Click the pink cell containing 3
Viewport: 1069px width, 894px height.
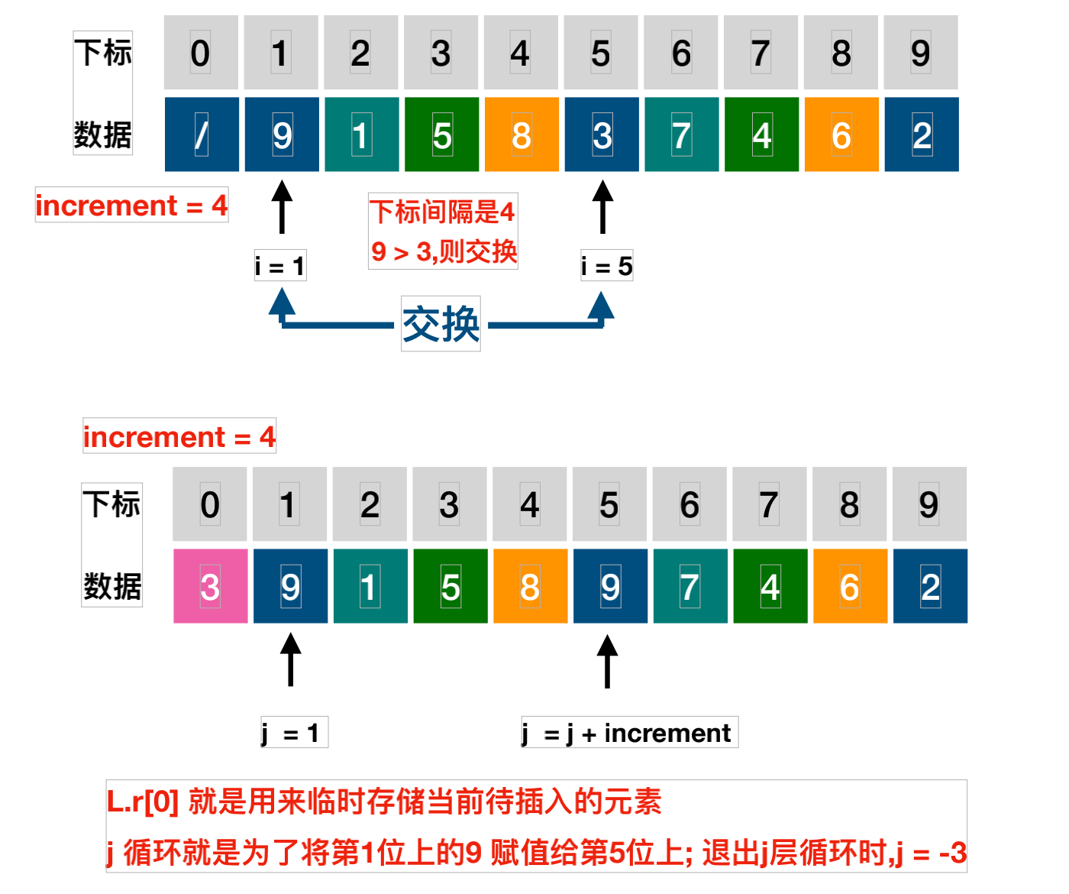[x=210, y=586]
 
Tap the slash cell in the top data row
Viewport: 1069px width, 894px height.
[x=202, y=134]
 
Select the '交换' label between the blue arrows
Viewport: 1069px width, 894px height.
[x=441, y=324]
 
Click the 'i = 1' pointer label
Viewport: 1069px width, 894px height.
[x=280, y=266]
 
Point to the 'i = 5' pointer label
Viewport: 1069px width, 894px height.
[x=606, y=266]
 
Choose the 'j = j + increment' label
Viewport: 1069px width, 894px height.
[x=629, y=733]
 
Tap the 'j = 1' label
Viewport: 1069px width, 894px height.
[x=293, y=733]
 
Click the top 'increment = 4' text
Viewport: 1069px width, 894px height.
[x=131, y=206]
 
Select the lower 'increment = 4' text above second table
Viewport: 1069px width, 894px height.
[x=179, y=436]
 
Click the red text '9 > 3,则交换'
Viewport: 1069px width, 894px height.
[x=444, y=251]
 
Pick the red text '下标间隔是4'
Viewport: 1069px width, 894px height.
[x=442, y=212]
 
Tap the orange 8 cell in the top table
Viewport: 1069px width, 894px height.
[x=522, y=134]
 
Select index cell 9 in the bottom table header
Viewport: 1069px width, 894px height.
[x=929, y=504]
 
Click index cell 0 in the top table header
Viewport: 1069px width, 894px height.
[x=201, y=53]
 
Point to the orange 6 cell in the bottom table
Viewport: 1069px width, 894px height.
[x=850, y=586]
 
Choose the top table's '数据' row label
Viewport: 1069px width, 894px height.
[x=103, y=134]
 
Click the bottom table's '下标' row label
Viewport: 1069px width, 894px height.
[x=111, y=504]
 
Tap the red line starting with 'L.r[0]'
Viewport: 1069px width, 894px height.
[x=384, y=802]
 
